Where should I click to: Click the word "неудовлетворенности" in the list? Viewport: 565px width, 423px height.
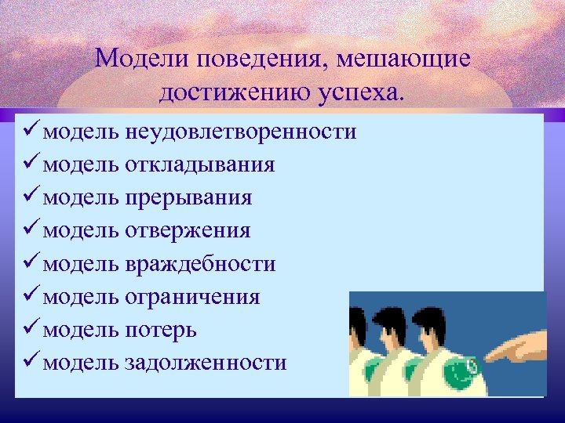(x=240, y=132)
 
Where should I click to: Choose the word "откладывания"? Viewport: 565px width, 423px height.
(x=199, y=164)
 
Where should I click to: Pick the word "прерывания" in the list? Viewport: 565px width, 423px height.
(x=188, y=197)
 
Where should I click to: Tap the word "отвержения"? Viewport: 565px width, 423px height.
(x=188, y=230)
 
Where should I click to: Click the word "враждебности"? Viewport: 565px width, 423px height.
(x=200, y=264)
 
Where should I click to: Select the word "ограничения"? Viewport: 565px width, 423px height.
(x=192, y=297)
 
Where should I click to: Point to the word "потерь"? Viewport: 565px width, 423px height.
(x=160, y=330)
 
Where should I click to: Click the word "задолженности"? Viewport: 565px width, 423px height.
(x=206, y=363)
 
